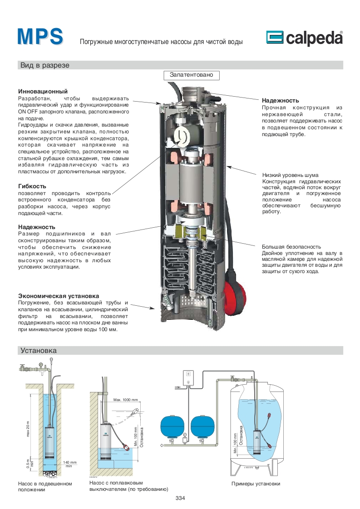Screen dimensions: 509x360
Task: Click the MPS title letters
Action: tap(40, 37)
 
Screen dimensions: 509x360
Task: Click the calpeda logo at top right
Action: tap(304, 39)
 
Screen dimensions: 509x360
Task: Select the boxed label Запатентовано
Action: tap(191, 74)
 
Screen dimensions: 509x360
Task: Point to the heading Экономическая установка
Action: tap(58, 296)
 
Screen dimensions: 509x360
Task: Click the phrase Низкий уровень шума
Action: tap(290, 175)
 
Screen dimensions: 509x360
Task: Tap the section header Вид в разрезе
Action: tap(44, 65)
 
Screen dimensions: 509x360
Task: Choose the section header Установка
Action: tap(38, 351)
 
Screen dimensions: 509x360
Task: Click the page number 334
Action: tap(180, 498)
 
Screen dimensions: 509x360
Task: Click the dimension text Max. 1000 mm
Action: tap(125, 400)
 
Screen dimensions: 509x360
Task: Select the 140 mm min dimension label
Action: tap(69, 464)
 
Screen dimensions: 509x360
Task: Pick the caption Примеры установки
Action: tap(256, 484)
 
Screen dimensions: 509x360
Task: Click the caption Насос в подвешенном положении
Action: tap(44, 487)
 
